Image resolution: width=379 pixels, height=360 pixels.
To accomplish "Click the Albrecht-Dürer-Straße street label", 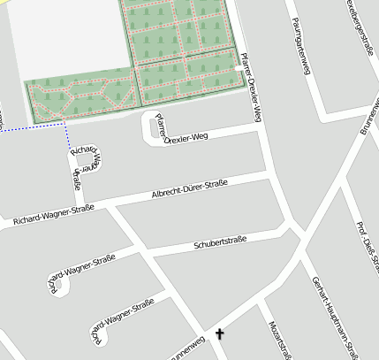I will click(189, 189).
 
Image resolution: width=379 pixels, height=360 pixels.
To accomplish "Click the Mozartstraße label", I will click(279, 340).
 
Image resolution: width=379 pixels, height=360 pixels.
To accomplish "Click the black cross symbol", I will click(219, 333).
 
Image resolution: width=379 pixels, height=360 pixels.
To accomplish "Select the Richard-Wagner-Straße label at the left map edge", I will click(53, 215).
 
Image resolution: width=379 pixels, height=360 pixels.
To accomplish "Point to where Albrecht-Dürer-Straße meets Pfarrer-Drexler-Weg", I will click(269, 178).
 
